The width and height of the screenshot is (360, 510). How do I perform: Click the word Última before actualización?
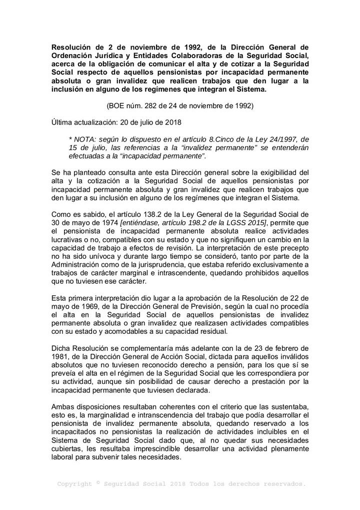(x=62, y=122)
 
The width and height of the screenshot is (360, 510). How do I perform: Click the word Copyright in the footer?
(x=74, y=484)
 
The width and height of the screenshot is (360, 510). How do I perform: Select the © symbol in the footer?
(x=98, y=482)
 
